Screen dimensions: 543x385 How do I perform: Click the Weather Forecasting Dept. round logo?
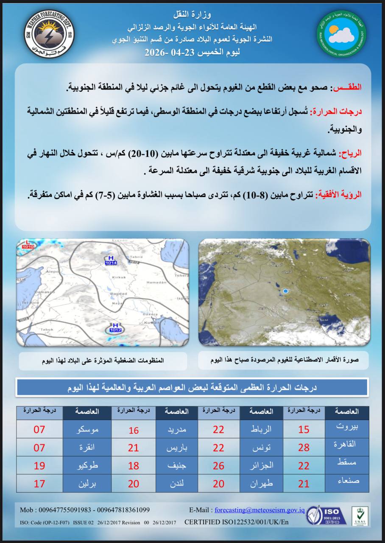pyautogui.click(x=49, y=34)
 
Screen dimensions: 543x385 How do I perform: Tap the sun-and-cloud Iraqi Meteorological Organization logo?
pyautogui.click(x=342, y=34)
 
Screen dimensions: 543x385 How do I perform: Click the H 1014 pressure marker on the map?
pyautogui.click(x=111, y=260)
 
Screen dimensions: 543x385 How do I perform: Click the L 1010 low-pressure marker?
pyautogui.click(x=28, y=244)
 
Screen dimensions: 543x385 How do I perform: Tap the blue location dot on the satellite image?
pyautogui.click(x=285, y=291)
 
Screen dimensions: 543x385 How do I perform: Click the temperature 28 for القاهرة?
pyautogui.click(x=304, y=447)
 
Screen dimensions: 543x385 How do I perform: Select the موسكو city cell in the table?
pyautogui.click(x=87, y=429)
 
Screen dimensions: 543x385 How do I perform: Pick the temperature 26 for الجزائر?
pyautogui.click(x=218, y=465)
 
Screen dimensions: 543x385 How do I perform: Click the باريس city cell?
pyautogui.click(x=176, y=447)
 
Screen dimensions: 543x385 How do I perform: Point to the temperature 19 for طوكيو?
pyautogui.click(x=39, y=465)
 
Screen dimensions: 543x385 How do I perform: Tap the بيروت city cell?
pyautogui.click(x=346, y=427)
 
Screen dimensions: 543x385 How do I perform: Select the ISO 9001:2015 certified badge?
pyautogui.click(x=324, y=515)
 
